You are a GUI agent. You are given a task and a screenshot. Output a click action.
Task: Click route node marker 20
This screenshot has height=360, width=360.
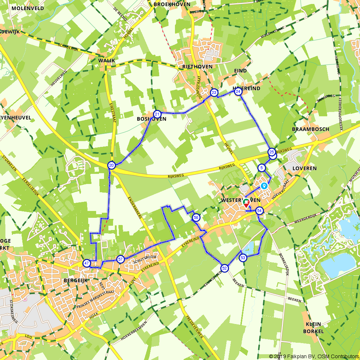point(112,166)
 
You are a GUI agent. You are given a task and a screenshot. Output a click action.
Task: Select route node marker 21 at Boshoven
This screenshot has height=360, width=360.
point(157,114)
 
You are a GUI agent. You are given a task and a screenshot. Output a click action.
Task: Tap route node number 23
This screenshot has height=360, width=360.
point(214,93)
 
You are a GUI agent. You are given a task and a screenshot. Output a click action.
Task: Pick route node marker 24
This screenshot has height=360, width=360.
point(238,92)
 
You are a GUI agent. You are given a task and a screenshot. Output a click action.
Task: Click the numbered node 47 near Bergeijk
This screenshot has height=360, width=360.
point(86,263)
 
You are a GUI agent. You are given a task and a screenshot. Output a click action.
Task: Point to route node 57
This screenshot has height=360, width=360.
point(121,259)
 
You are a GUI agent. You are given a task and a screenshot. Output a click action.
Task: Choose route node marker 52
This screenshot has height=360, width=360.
point(224,268)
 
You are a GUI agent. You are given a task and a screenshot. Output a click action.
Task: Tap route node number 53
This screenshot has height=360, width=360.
point(243,258)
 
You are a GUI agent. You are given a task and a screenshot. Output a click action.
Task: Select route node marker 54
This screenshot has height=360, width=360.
point(260,211)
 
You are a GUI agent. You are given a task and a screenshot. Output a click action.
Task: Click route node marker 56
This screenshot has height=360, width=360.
point(196,217)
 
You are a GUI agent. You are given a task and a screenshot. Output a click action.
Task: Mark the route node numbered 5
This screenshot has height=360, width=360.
point(262,168)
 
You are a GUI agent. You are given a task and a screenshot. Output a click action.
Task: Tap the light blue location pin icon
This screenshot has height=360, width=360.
point(264,186)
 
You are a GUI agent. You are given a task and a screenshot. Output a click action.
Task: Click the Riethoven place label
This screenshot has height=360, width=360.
point(197,67)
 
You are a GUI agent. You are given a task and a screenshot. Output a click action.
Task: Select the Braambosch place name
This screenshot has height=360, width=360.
point(305,129)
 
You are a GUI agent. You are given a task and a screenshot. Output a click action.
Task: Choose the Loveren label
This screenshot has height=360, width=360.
point(305,168)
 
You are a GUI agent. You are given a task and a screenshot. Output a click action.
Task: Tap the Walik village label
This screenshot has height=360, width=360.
point(106,60)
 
